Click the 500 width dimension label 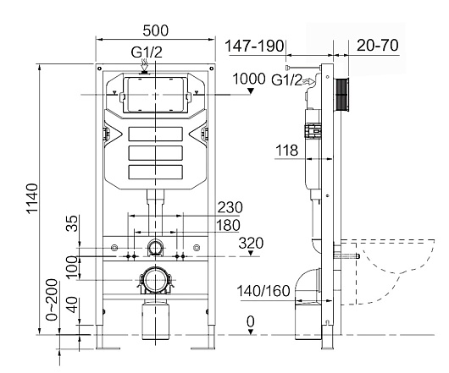[x=156, y=30]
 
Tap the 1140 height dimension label [x=32, y=199]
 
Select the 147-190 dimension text [x=254, y=46]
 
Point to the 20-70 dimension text [x=378, y=45]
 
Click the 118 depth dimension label [x=286, y=151]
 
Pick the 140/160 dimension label [x=263, y=291]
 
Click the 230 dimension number [x=230, y=207]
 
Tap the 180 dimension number [x=228, y=225]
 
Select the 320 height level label [x=251, y=244]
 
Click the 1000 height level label [x=249, y=79]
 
